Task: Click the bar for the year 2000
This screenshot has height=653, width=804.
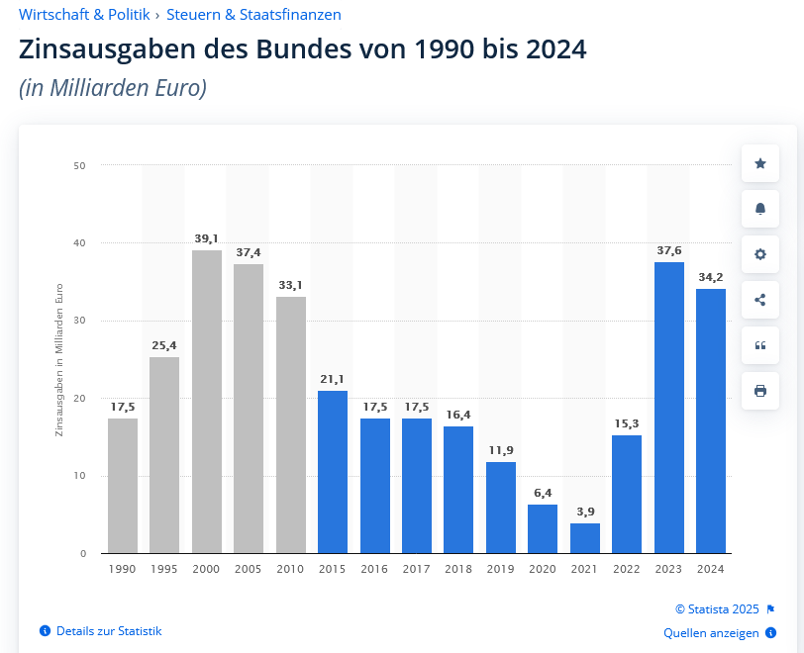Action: [x=207, y=401]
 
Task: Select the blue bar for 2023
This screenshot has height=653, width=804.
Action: [x=669, y=407]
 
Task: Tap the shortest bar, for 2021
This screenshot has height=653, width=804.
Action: [x=585, y=537]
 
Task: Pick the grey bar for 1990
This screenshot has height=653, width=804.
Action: [x=123, y=485]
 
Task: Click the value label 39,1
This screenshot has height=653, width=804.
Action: [x=207, y=238]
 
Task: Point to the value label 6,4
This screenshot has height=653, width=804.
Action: [x=543, y=493]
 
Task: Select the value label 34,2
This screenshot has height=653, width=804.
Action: [x=711, y=277]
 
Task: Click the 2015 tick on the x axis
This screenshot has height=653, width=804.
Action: [x=333, y=569]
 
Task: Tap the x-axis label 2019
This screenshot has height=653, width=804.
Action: [x=501, y=569]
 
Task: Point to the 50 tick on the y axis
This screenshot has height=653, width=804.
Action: [x=79, y=165]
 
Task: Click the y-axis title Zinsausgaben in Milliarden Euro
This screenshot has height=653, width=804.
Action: [x=58, y=359]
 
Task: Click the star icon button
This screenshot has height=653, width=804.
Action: [x=760, y=163]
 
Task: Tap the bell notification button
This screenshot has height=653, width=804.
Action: [x=760, y=209]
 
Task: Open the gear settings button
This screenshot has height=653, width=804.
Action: [x=760, y=254]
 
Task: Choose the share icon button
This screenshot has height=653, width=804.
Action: [x=760, y=300]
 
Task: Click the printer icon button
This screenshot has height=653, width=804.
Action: [x=760, y=391]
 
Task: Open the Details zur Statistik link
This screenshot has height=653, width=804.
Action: [x=108, y=631]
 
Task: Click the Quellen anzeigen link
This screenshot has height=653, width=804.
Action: [x=711, y=633]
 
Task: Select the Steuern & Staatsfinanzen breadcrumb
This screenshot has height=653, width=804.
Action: [x=253, y=15]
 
